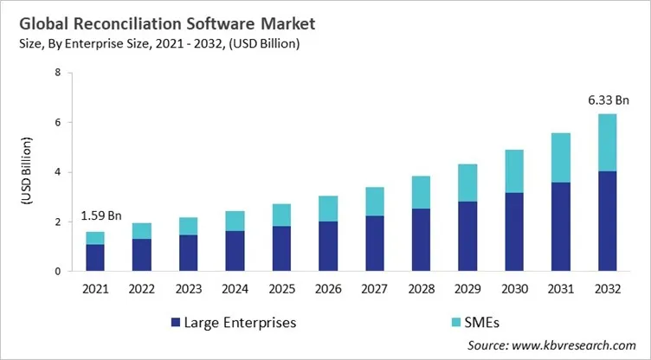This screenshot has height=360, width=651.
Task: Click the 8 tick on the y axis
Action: pyautogui.click(x=57, y=74)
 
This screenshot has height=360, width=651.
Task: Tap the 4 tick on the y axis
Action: pyautogui.click(x=57, y=172)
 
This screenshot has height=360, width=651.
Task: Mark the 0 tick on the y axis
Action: pyautogui.click(x=57, y=272)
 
